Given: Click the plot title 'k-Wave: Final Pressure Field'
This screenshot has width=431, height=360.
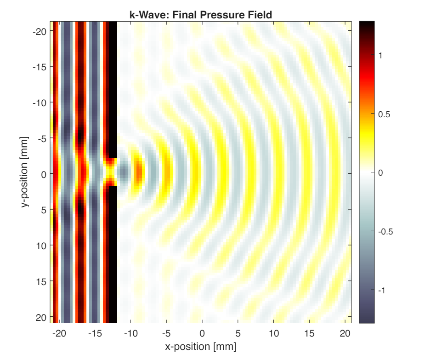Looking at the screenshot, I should (x=201, y=15).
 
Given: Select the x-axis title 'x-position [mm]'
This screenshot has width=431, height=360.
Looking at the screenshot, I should (x=201, y=346).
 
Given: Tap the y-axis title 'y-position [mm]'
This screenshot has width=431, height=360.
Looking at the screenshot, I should (x=24, y=171).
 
